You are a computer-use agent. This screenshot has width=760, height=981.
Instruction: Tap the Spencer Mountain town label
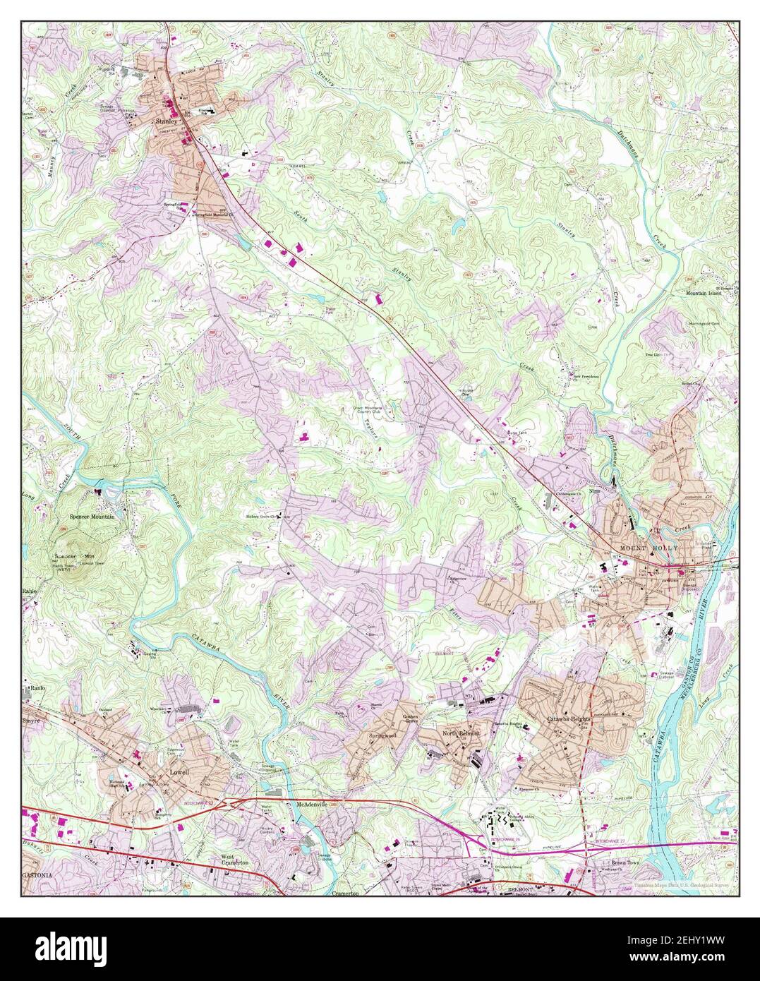[92, 517]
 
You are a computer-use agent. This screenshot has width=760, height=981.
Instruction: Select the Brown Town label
[606, 862]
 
